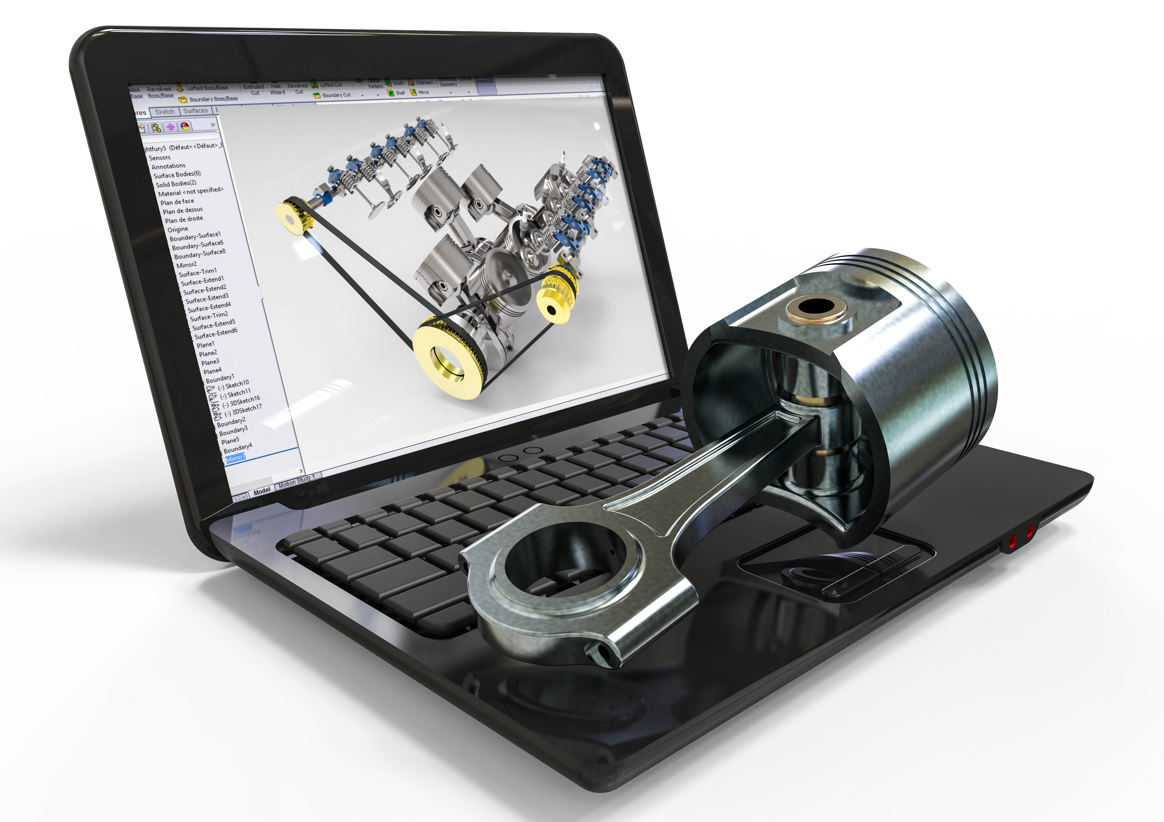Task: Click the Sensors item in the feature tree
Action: (x=160, y=158)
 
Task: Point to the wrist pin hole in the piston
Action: (x=816, y=307)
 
